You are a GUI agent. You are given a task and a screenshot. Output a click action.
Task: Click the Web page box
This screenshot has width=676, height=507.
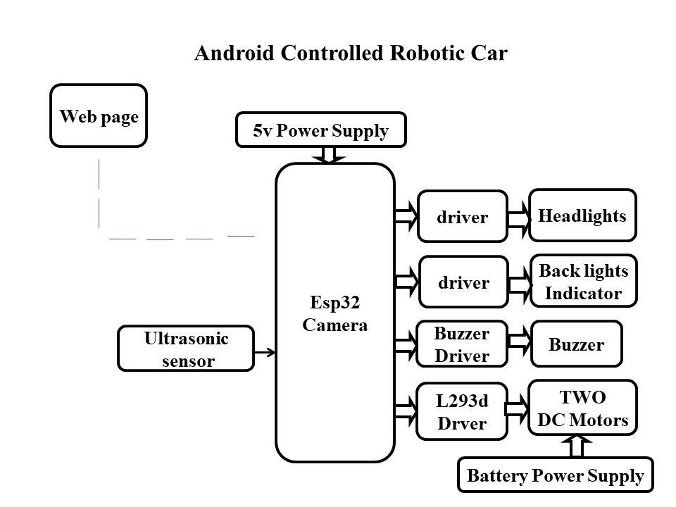99,116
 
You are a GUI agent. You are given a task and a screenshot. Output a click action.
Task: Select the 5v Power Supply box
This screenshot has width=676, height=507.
320,130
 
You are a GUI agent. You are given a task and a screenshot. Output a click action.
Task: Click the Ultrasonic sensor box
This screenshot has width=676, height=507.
186,349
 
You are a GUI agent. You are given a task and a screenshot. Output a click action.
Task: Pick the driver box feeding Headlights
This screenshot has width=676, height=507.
463,218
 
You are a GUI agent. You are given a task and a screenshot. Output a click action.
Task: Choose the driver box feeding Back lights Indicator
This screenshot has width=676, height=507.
463,282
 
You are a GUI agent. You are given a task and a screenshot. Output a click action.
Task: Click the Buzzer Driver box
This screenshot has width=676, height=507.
462,344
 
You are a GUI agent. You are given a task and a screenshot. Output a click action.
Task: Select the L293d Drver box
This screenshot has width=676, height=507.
462,412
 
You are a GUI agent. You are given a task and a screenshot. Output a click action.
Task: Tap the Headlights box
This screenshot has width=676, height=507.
582,215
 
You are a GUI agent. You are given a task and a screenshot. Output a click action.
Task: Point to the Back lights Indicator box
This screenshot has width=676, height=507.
583,281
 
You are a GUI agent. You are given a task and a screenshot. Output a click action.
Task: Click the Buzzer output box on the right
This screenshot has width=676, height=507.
577,344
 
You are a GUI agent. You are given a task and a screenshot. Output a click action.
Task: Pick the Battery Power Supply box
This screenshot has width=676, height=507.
556,475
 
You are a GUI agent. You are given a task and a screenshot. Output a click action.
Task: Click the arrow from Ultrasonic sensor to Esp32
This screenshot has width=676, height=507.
265,351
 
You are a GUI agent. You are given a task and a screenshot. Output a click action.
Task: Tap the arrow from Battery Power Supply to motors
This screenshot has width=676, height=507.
577,446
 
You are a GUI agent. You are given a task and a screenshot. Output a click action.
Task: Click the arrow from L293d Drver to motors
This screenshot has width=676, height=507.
518,408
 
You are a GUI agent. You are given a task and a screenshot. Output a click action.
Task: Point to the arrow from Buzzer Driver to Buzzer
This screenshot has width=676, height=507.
519,342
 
